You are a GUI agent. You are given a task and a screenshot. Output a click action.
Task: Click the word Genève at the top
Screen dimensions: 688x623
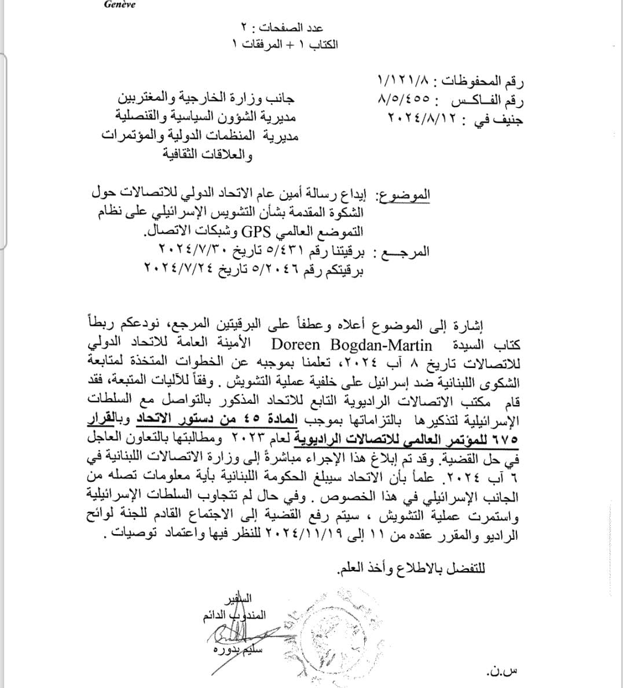119,5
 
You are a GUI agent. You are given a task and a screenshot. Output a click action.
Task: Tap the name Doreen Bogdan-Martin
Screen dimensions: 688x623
352,345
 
